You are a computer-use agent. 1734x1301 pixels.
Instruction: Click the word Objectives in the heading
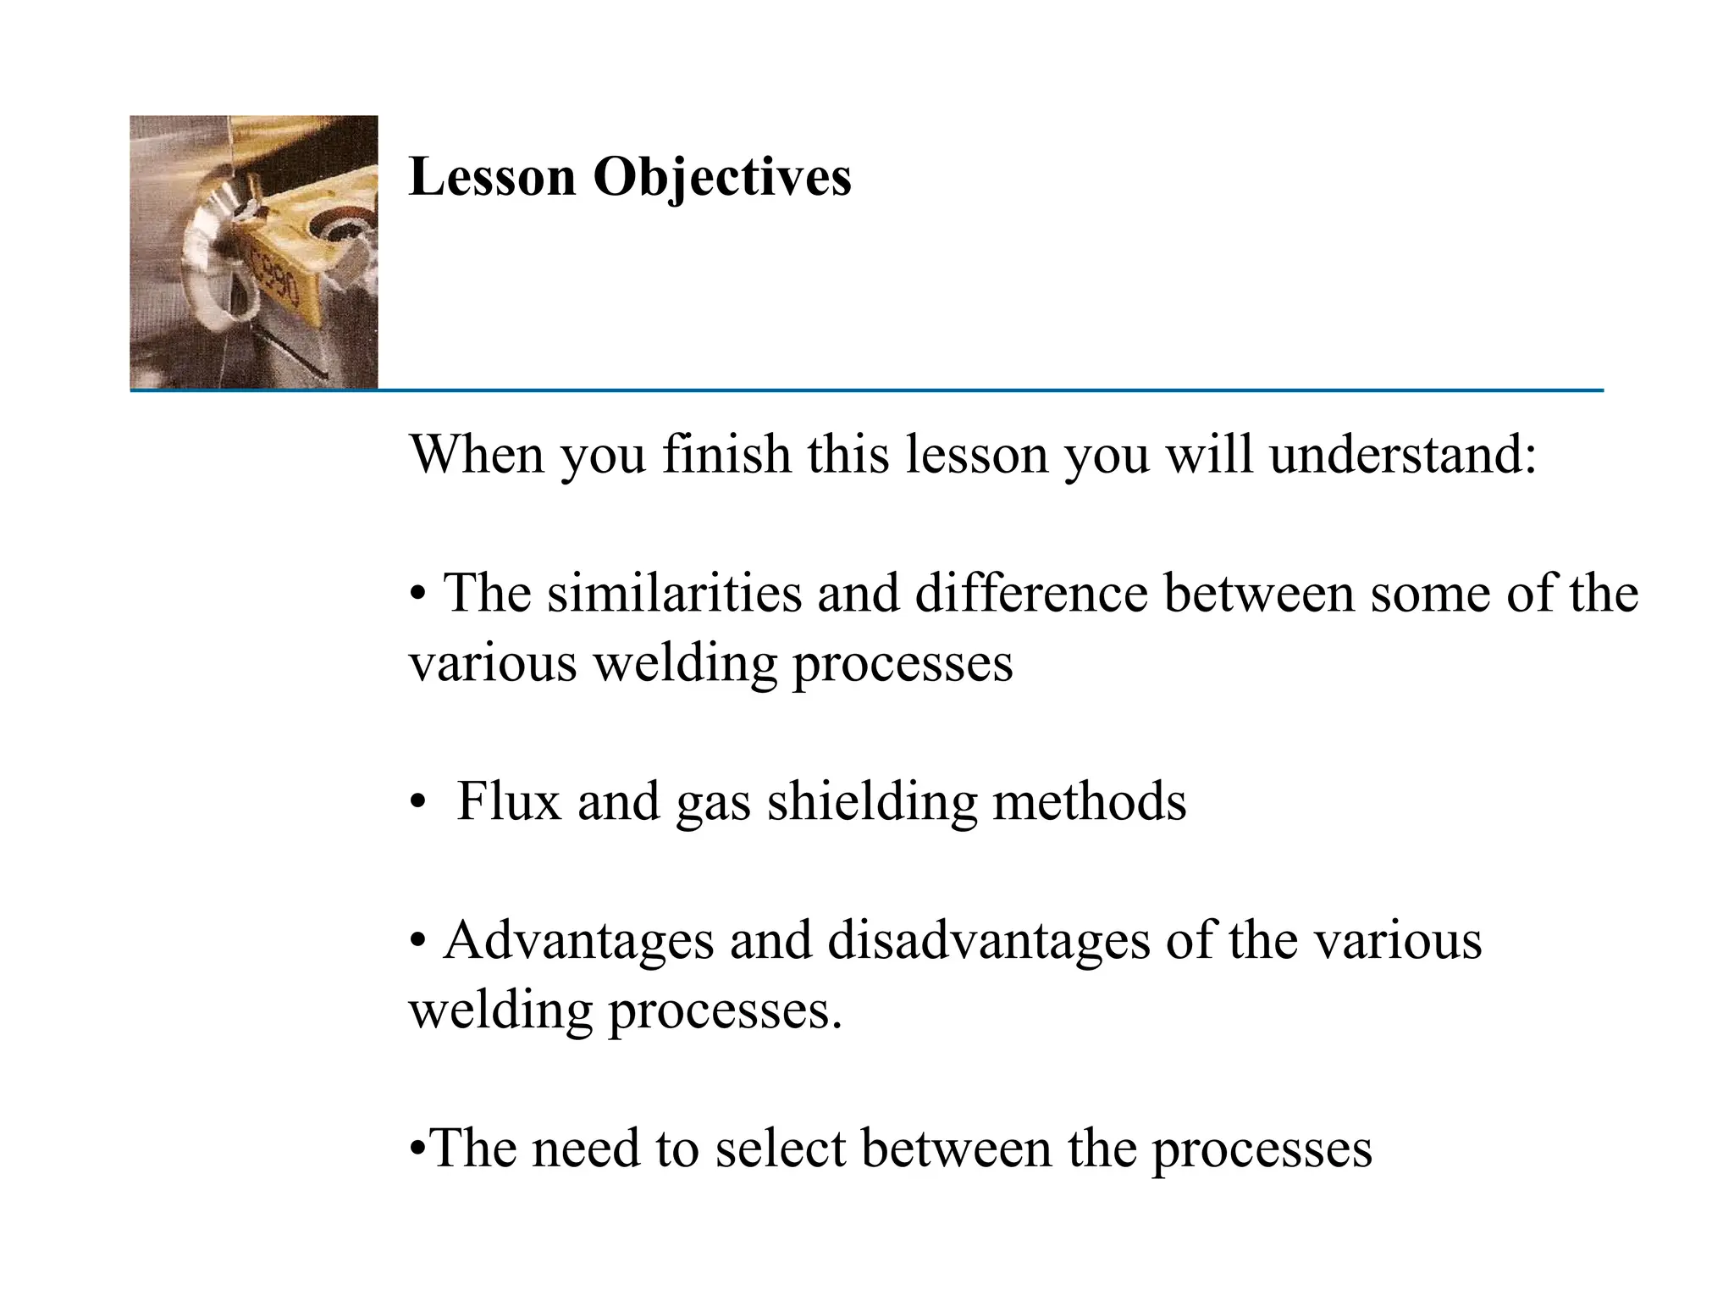coord(721,179)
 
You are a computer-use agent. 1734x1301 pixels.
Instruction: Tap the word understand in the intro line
coord(1402,454)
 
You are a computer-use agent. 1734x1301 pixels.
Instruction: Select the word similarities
coord(673,592)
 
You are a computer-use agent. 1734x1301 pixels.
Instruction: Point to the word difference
coord(1030,592)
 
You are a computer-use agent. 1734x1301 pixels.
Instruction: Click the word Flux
coord(509,800)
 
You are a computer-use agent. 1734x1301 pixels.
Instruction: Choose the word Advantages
coord(578,941)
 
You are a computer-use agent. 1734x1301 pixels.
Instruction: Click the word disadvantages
coord(988,941)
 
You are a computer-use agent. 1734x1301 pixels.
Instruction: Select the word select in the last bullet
coord(780,1149)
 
